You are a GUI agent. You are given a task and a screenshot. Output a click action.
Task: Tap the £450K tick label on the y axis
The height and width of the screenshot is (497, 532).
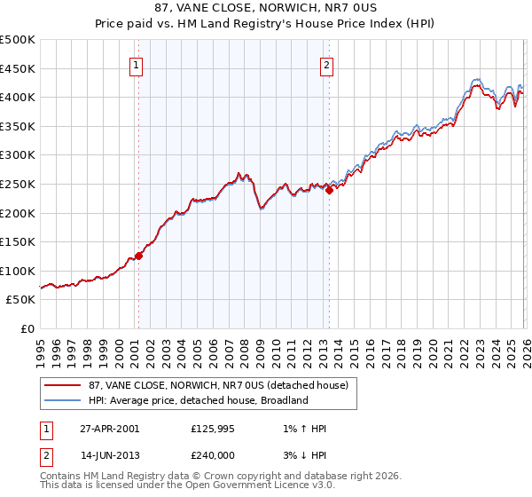tap(18, 68)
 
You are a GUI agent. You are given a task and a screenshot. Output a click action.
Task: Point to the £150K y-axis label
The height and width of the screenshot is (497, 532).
tap(18, 241)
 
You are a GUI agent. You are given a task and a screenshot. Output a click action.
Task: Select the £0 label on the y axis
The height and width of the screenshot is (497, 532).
tap(27, 328)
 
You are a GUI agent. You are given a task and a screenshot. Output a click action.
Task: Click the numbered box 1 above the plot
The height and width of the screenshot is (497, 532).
tap(137, 65)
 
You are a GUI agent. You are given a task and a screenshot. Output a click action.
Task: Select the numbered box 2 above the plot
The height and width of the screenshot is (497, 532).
tap(327, 65)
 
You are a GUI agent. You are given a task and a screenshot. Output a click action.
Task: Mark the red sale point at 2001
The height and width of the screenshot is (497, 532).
tap(139, 256)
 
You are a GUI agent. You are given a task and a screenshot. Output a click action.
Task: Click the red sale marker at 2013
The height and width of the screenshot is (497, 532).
tap(329, 189)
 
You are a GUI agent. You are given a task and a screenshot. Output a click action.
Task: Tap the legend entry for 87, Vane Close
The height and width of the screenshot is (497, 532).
tap(217, 385)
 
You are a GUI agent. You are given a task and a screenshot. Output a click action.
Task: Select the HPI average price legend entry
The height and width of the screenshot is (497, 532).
tap(198, 400)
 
